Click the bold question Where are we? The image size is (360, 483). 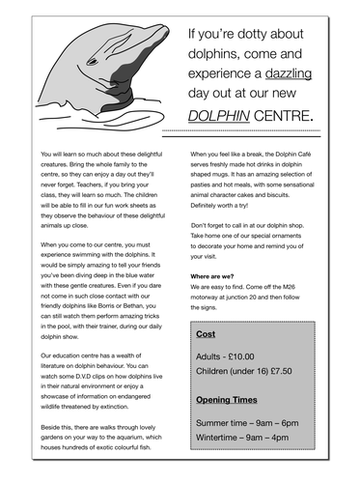(x=218, y=275)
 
